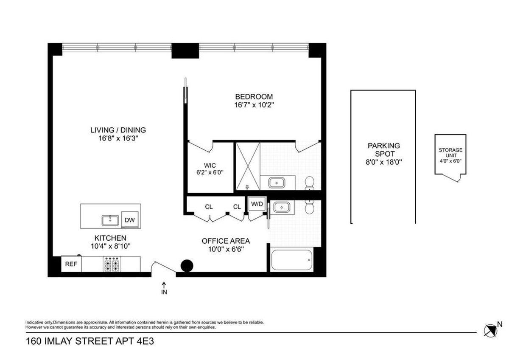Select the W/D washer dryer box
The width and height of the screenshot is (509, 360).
click(x=257, y=204)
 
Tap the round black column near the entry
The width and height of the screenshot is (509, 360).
click(x=187, y=266)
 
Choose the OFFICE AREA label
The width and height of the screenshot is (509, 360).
click(x=225, y=241)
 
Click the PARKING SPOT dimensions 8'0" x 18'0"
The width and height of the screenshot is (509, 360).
click(x=383, y=162)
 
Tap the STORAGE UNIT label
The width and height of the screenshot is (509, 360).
click(x=450, y=153)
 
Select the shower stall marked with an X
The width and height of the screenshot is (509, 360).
click(x=248, y=166)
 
